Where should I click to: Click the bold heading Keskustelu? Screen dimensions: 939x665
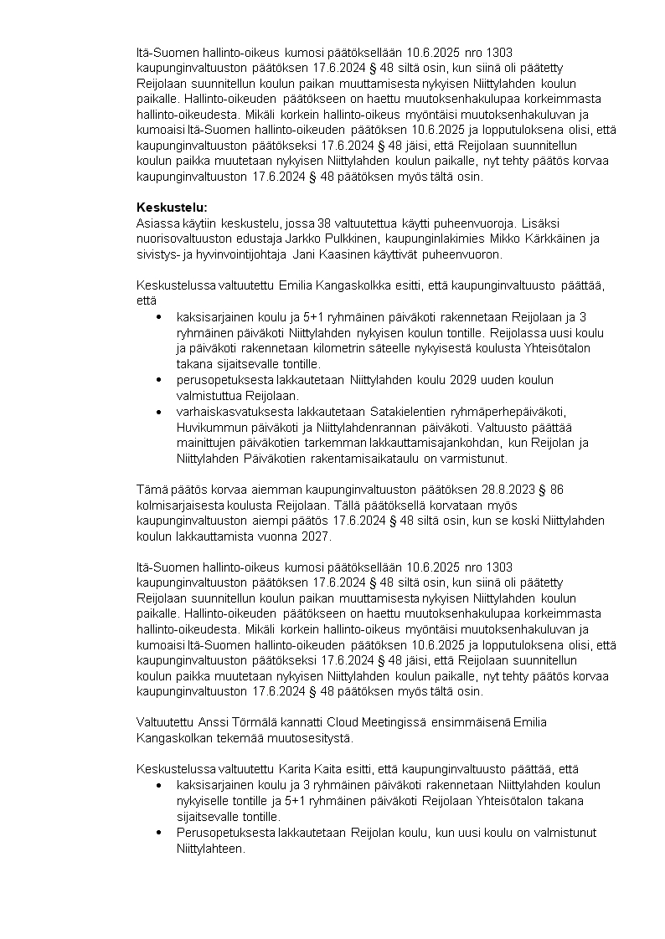[171, 207]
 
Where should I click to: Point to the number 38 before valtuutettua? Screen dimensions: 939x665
[326, 223]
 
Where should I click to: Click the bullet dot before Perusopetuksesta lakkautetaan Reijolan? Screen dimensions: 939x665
[159, 832]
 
